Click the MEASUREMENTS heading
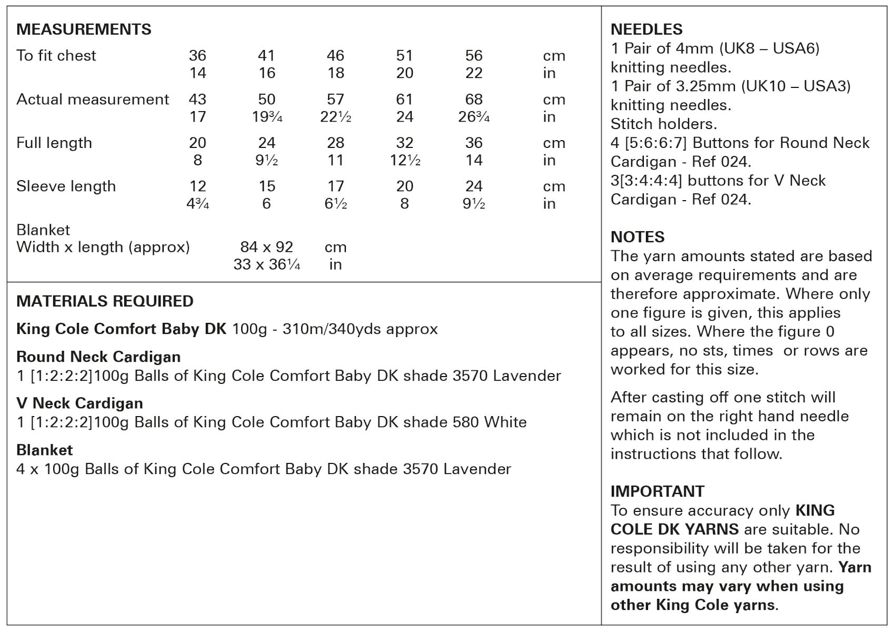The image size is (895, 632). (84, 29)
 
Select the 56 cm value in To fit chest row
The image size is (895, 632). (474, 56)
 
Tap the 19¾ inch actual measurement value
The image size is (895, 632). (267, 117)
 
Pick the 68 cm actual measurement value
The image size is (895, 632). (474, 100)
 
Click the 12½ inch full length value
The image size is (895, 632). (405, 161)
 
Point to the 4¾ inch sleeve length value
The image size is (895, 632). (198, 204)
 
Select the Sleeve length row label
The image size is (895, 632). (66, 186)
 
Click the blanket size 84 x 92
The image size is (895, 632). (266, 247)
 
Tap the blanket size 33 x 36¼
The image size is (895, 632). (266, 264)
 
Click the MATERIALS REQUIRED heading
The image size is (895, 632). (105, 301)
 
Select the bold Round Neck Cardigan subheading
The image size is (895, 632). (98, 357)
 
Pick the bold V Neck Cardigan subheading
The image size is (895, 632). (79, 403)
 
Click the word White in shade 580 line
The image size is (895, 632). (505, 422)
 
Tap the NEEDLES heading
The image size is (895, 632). (647, 29)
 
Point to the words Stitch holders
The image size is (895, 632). (663, 124)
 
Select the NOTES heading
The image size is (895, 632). (638, 237)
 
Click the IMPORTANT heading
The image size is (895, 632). (657, 491)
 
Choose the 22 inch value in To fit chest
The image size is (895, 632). (474, 73)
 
